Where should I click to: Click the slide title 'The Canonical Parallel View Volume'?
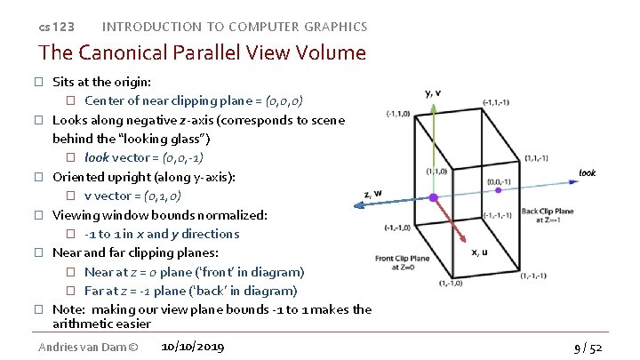point(202,52)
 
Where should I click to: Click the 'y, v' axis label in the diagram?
point(433,92)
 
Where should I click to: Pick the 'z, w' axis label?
point(373,192)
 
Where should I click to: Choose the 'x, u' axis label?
point(480,252)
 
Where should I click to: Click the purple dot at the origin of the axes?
point(433,197)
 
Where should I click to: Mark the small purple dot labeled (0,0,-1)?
point(499,189)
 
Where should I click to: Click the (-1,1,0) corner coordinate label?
point(398,114)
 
